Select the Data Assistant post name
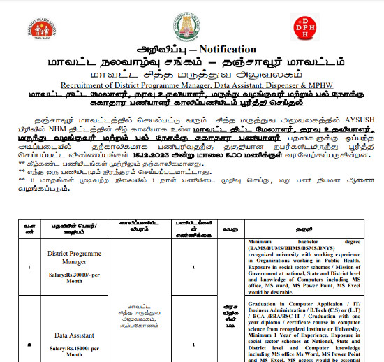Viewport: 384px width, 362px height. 71,335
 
